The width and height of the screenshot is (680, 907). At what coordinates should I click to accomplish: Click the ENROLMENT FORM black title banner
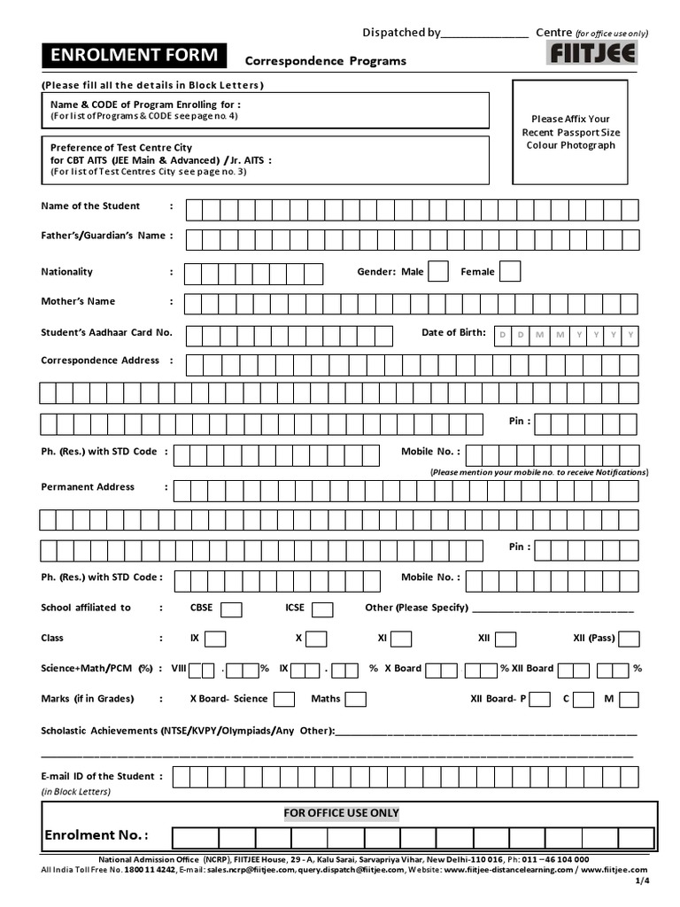[134, 56]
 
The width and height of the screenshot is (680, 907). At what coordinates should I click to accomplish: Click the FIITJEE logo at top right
[592, 54]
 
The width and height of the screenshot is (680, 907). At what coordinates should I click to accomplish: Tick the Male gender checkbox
[438, 272]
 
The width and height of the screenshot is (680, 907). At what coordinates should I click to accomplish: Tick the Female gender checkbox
[510, 272]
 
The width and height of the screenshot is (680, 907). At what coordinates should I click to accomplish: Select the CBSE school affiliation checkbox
[232, 609]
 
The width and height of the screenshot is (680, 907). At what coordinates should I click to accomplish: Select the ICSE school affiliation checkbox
[322, 609]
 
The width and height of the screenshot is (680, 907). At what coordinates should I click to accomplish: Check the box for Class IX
[215, 639]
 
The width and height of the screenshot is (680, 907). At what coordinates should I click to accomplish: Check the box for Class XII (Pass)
[630, 639]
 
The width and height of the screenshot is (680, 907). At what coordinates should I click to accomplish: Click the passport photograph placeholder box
[570, 131]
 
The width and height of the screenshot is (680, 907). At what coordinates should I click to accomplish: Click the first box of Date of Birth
[503, 334]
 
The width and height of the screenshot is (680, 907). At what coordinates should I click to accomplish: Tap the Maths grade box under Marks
[356, 700]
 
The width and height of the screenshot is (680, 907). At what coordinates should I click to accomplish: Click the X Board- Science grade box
[284, 700]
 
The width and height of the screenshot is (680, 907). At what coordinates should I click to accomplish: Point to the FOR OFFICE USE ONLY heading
[341, 813]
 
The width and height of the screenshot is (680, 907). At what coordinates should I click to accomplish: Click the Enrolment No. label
[96, 835]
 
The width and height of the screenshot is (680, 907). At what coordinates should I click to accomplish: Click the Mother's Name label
[78, 301]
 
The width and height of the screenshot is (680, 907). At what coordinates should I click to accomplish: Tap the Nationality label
[66, 272]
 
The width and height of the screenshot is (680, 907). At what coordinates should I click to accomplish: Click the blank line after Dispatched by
[483, 35]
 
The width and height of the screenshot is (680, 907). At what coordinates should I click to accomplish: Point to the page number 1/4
[642, 881]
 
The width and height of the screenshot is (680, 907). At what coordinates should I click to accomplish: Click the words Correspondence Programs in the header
[325, 61]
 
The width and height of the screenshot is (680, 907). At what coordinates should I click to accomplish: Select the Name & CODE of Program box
[266, 110]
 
